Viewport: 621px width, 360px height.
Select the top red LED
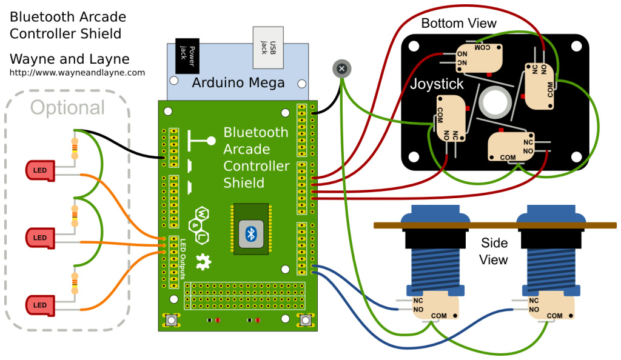[40, 170]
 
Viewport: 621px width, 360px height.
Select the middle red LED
[40, 236]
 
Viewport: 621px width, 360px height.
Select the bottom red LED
[40, 304]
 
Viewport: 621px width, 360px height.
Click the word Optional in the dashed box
[67, 108]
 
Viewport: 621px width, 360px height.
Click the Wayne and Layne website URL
[77, 73]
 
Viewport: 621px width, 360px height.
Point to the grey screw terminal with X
[341, 68]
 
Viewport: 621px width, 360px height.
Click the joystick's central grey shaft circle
[494, 101]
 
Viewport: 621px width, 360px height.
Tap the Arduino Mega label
[238, 83]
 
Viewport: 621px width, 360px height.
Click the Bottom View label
[458, 24]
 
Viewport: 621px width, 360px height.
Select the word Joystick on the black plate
[437, 84]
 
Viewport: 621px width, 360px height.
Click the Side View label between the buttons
[494, 251]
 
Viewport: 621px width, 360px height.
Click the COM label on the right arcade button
[554, 316]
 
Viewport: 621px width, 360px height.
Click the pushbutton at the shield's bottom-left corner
[172, 320]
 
